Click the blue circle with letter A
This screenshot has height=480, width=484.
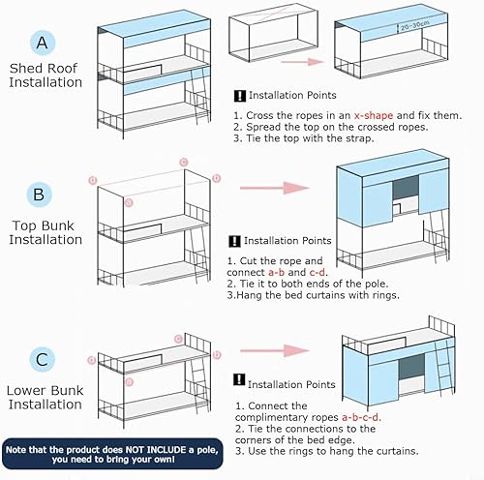click(x=43, y=43)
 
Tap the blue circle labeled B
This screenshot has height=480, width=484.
click(x=39, y=195)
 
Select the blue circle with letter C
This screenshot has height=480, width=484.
click(x=43, y=359)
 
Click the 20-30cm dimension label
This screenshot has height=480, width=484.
click(x=415, y=26)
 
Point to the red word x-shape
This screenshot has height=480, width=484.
click(x=374, y=115)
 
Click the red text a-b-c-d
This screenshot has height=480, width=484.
click(x=361, y=417)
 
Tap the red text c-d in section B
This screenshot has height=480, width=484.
click(x=318, y=272)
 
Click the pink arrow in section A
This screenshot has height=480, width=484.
click(x=302, y=62)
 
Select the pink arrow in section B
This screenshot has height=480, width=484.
click(x=275, y=188)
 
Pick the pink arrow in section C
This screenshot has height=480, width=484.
click(x=275, y=350)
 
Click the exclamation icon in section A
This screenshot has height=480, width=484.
click(x=240, y=96)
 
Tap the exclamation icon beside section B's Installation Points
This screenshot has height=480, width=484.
click(x=234, y=241)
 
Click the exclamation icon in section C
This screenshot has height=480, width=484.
click(x=239, y=379)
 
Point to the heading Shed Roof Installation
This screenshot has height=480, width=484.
click(x=45, y=75)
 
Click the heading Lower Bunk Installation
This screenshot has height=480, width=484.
click(x=45, y=398)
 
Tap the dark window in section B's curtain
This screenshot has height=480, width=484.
click(x=406, y=188)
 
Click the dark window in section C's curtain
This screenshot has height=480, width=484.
click(x=411, y=367)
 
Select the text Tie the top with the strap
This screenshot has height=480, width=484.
click(x=310, y=138)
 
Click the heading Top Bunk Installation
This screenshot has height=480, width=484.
click(x=45, y=232)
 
